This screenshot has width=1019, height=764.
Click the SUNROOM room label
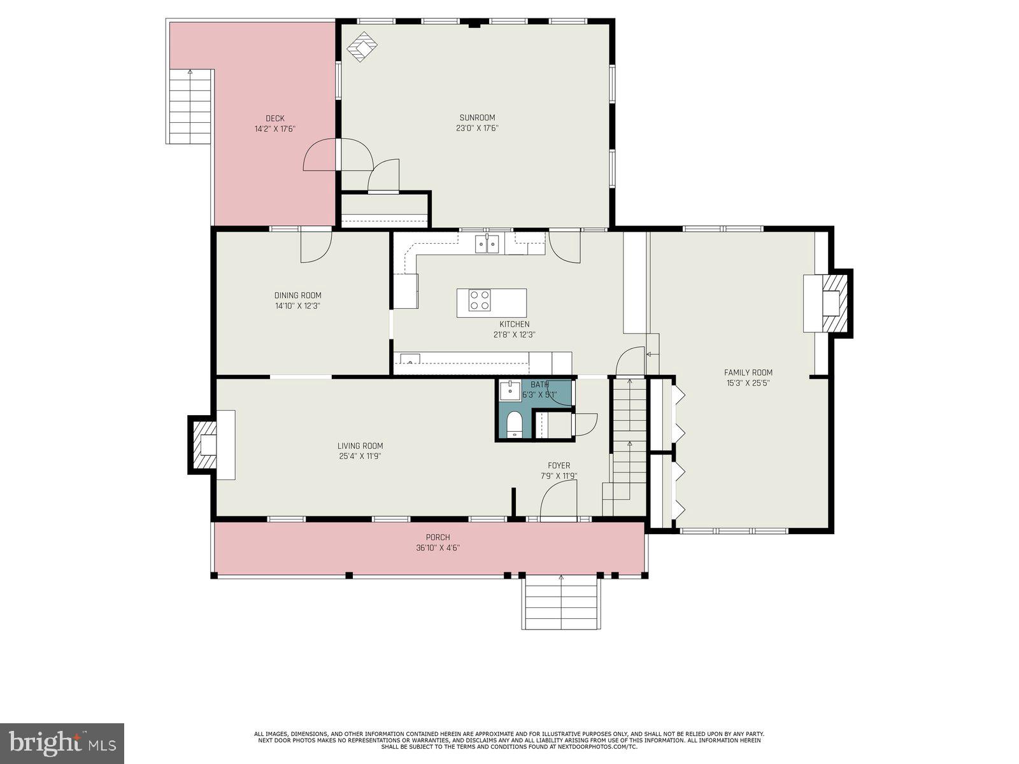pos(477,117)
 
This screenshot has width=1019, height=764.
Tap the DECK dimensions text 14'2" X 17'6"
pos(275,129)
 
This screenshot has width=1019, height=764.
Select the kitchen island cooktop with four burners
pos(480,300)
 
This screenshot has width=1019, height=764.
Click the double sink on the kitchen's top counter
pos(487,244)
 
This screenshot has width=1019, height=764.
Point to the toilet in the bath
pos(514,425)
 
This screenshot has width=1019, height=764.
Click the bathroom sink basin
pos(509,390)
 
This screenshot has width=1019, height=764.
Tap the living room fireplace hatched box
pos(203,444)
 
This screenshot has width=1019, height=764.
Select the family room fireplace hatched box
pos(836,302)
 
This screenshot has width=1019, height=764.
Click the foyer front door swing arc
pos(558,499)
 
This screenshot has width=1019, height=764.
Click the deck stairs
pos(190,107)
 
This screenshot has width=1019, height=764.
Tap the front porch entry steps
pos(560,603)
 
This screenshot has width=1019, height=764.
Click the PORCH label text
pos(438,537)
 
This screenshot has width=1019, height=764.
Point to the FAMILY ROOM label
pos(748,372)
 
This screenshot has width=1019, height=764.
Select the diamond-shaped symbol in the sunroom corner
pos(362,47)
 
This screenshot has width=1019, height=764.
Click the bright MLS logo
pos(62,743)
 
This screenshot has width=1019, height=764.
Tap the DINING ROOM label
pos(297,295)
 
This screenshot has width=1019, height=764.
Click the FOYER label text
pos(559,465)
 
